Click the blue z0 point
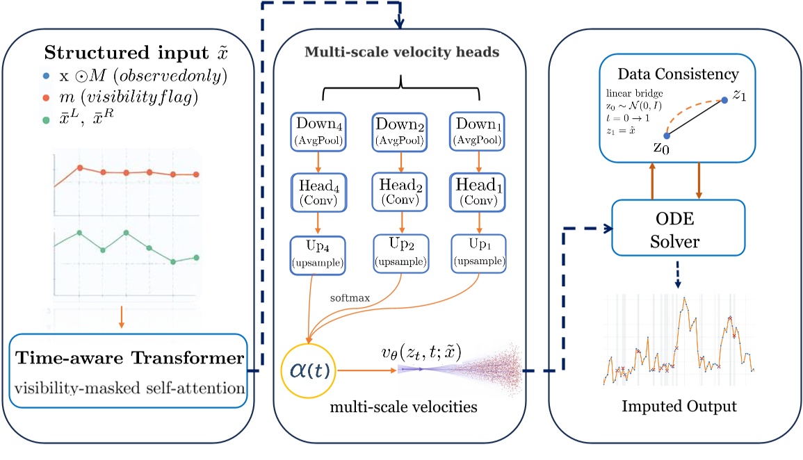[666, 136]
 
